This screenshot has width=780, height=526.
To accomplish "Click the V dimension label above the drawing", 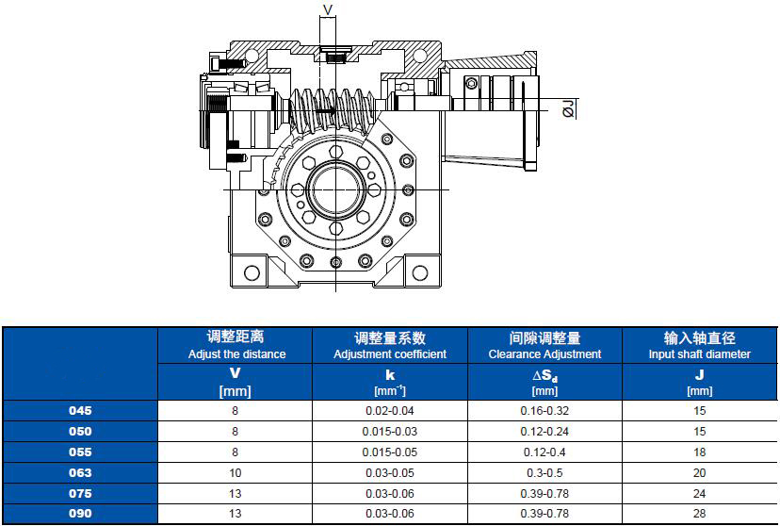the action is pos(328,9).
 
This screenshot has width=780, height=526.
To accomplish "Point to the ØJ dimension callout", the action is pos(568,108).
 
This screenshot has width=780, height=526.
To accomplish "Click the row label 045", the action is pos(80,411).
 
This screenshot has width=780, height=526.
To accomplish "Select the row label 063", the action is pos(80,473).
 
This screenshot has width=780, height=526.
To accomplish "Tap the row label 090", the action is pos(80,514).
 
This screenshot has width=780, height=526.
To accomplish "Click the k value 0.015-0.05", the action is pos(389,452).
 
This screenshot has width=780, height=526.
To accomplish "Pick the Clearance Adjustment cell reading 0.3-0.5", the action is pos(544,473).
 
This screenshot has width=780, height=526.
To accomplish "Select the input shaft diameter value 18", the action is pos(699,452).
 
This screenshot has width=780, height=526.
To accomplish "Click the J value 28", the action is pos(699,514).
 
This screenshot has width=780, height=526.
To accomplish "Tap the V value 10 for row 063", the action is pos(235,473).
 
